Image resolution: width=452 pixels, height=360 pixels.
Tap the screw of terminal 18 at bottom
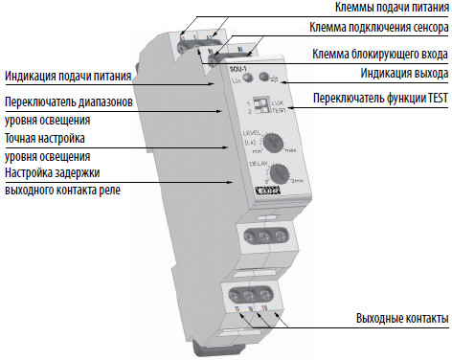pos(273,291)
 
